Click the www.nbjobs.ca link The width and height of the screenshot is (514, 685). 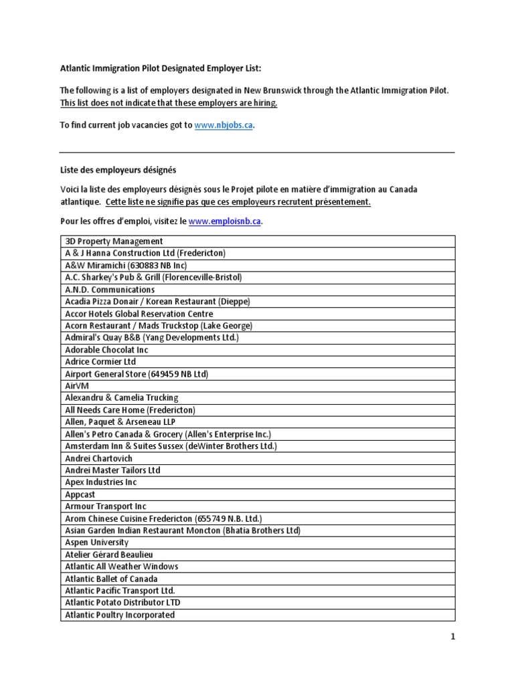click(x=224, y=125)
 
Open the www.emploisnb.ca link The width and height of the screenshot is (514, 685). click(x=225, y=221)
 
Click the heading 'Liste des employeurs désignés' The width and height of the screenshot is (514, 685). click(x=118, y=171)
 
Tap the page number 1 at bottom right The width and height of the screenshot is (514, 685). click(x=452, y=638)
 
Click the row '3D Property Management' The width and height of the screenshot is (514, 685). click(x=114, y=241)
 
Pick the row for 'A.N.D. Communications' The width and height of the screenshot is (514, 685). click(x=110, y=290)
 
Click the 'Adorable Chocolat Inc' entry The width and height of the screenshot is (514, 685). click(x=106, y=350)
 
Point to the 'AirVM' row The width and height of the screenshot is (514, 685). click(x=77, y=386)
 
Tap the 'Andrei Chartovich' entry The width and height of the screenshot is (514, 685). click(x=98, y=458)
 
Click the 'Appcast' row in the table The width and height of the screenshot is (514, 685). click(x=80, y=494)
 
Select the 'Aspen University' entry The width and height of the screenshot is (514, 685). click(x=96, y=543)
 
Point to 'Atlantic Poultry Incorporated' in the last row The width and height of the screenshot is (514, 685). click(x=120, y=615)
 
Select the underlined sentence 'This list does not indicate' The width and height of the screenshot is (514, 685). click(x=169, y=104)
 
